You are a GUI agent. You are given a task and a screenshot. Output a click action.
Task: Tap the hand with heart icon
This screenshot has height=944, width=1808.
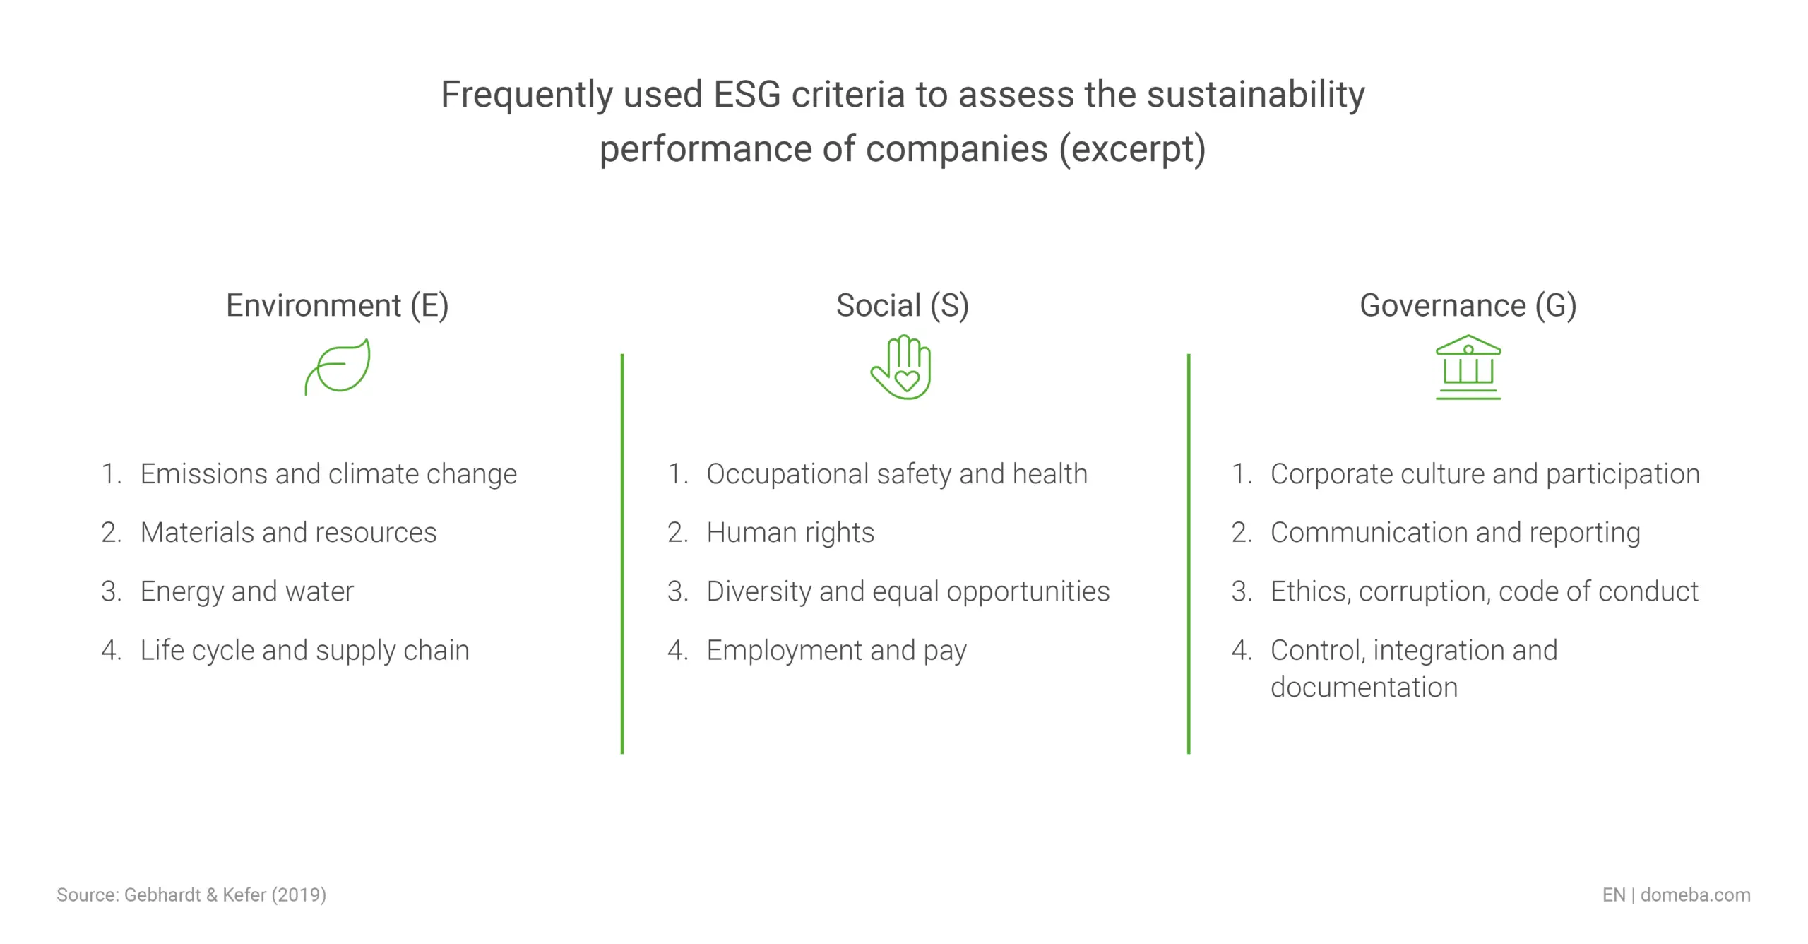pos(902,368)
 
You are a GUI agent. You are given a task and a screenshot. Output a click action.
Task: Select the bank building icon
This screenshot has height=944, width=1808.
pos(1468,367)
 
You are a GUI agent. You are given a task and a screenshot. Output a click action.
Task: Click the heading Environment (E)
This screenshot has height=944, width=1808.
pos(337,306)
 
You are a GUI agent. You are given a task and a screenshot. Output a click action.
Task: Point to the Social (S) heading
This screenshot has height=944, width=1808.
pos(902,306)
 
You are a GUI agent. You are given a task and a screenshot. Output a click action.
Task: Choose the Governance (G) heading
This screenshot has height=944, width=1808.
pos(1468,306)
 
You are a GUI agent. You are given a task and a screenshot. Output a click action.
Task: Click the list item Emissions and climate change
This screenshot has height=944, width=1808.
pos(328,474)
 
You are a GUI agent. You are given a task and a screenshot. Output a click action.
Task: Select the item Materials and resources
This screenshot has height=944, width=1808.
pos(288,533)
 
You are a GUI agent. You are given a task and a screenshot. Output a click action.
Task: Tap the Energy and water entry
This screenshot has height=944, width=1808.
pos(246,591)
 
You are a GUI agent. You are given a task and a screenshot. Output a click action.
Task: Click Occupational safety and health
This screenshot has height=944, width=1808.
pos(896,474)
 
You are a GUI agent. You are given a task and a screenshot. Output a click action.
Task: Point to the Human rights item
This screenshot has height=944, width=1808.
pos(790,533)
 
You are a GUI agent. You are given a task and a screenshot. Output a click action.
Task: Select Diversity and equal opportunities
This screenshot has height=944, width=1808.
pos(908,591)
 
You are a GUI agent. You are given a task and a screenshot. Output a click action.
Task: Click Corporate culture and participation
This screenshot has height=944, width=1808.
pos(1485,474)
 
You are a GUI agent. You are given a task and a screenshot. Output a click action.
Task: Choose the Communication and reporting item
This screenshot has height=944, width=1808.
pos(1455,533)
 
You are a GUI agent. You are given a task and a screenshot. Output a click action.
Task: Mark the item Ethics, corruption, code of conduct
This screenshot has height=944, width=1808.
pos(1484,591)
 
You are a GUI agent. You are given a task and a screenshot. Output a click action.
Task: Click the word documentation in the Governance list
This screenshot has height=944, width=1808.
pos(1364,688)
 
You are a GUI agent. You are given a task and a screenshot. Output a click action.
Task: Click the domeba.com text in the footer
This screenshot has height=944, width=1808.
pos(1695,895)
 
